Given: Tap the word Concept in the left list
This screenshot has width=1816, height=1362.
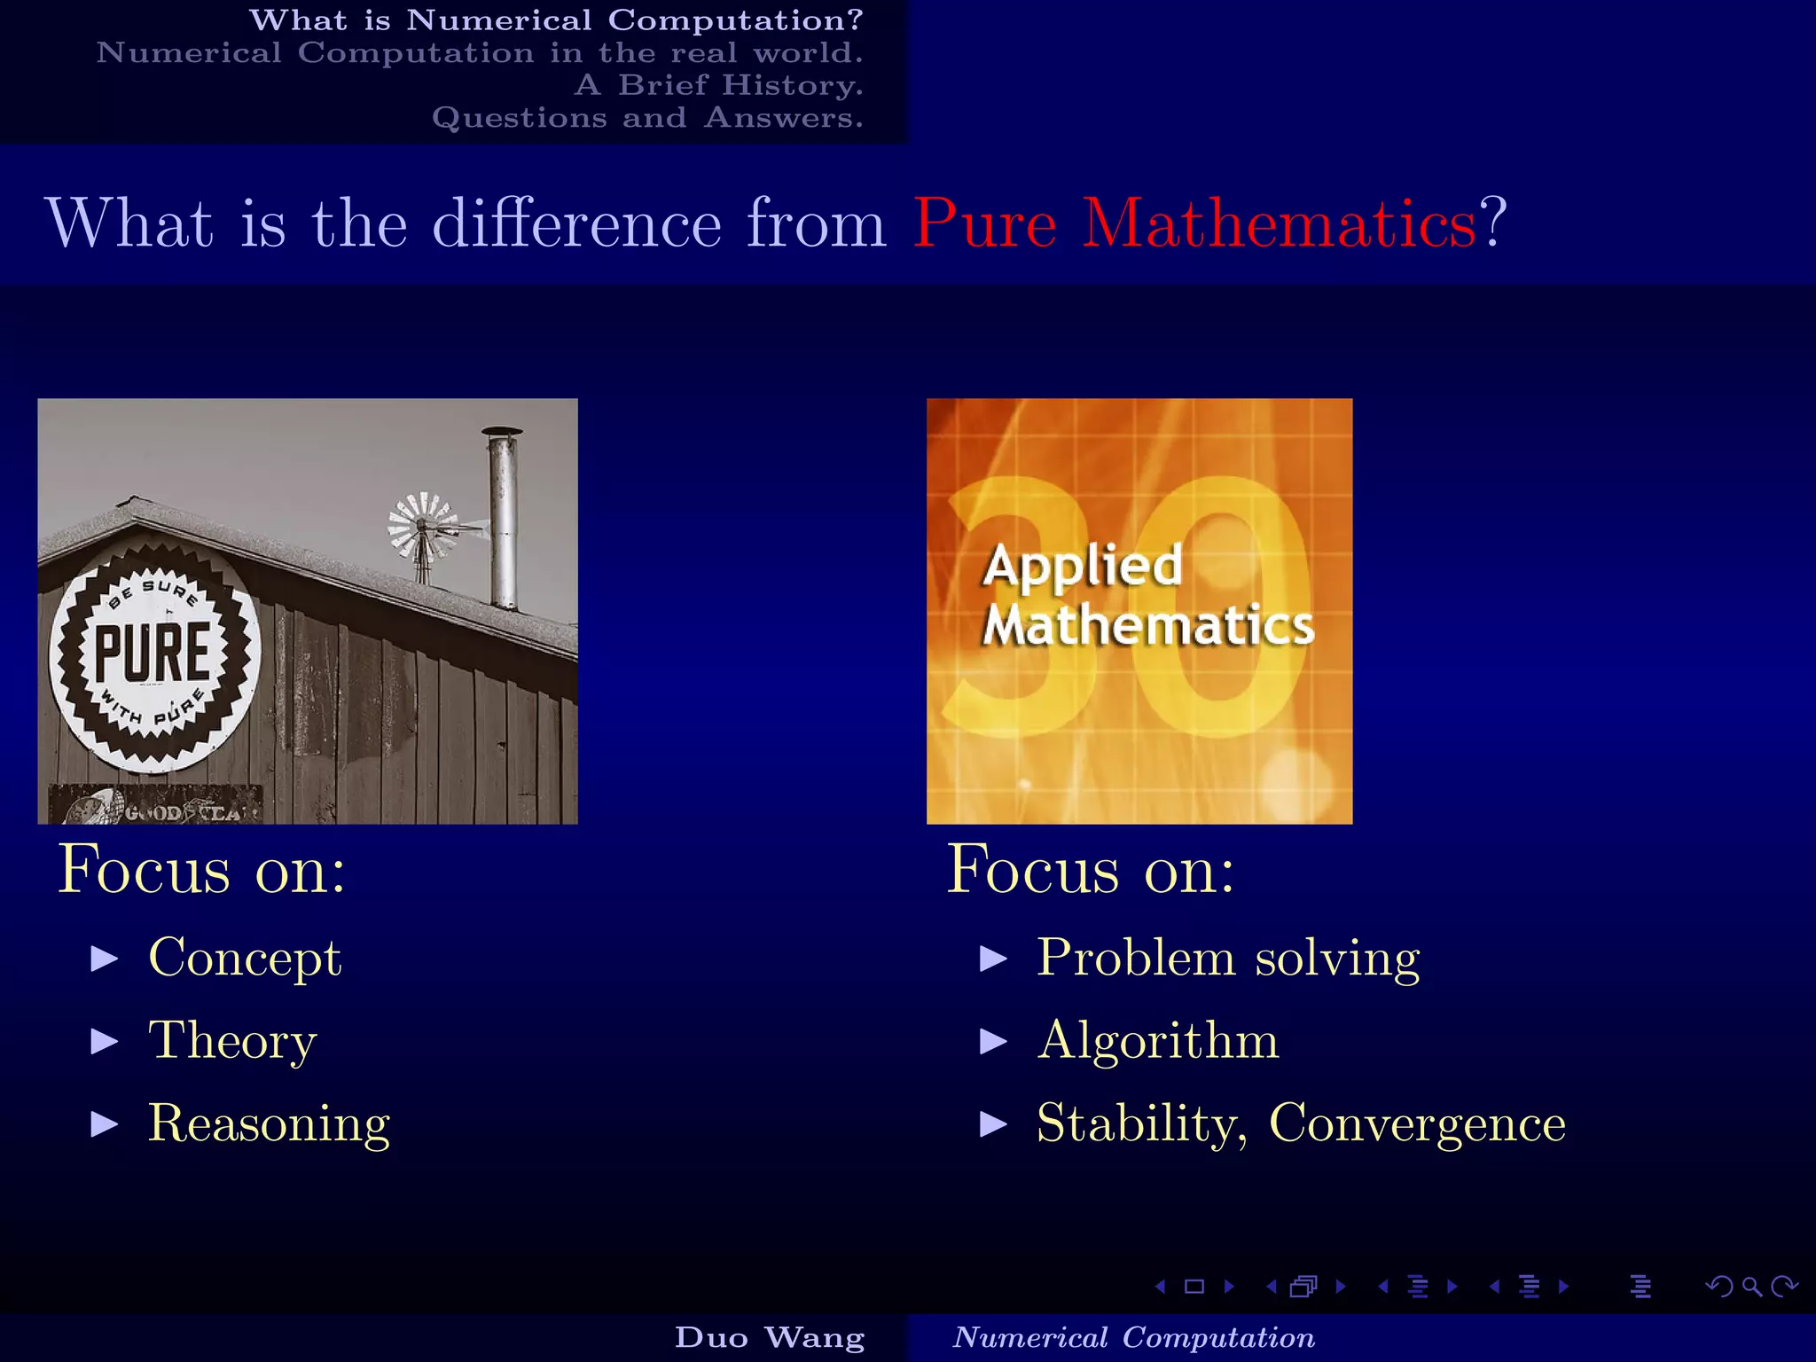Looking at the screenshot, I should (x=245, y=959).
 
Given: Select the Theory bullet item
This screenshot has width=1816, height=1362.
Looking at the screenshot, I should (x=232, y=1040).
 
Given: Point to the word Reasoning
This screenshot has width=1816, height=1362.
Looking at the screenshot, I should (x=269, y=1123).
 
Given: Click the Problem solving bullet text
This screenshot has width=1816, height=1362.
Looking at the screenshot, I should (x=1228, y=959).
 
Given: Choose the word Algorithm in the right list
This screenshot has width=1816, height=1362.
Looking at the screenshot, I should (x=1158, y=1040).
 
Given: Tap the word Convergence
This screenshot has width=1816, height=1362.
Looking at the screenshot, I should (x=1417, y=1123).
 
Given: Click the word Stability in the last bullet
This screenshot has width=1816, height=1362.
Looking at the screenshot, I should (x=1139, y=1123).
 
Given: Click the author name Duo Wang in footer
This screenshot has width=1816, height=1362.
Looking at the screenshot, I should (x=770, y=1337).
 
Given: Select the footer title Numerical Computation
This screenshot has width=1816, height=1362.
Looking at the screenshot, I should (x=1133, y=1337).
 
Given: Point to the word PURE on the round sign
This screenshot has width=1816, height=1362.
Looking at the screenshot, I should (x=153, y=654).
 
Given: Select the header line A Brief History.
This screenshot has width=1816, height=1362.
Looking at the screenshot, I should (x=718, y=85).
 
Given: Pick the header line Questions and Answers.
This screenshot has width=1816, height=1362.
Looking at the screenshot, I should (x=647, y=118).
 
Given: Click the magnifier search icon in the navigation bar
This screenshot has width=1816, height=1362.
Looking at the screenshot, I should (x=1751, y=1287).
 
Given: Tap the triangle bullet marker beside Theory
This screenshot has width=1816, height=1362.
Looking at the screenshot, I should (x=105, y=1041).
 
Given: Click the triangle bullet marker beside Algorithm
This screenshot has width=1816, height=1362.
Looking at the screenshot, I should (x=993, y=1041).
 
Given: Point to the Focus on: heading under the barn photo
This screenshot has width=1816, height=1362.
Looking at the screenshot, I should (x=202, y=870).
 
